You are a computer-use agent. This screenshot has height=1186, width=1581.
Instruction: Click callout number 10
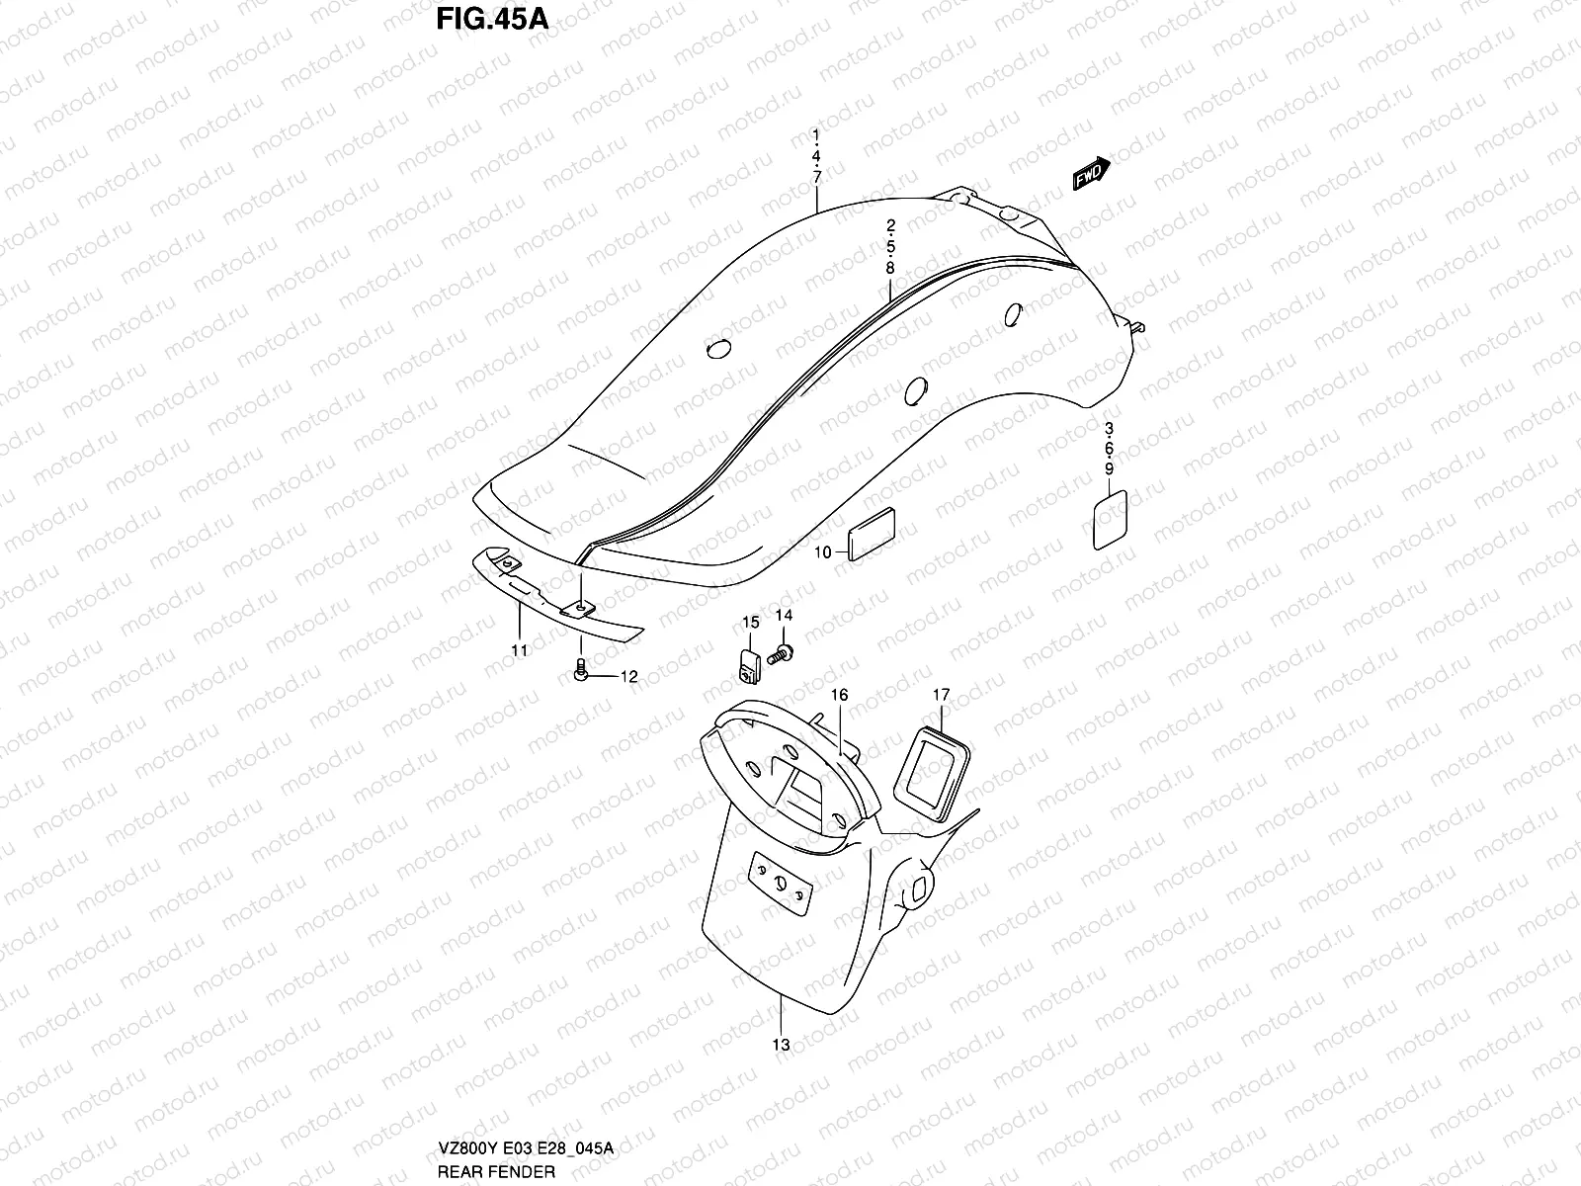pos(823,552)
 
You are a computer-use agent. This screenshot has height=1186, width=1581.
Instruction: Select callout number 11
pos(520,649)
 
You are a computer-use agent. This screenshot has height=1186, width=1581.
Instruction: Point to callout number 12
pos(628,677)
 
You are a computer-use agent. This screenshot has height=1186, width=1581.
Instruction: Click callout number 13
pos(781,1045)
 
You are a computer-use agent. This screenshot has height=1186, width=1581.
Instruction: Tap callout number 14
pos(784,616)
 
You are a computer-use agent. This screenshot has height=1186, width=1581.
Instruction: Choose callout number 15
pos(751,622)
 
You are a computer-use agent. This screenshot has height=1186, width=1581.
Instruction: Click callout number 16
pos(839,696)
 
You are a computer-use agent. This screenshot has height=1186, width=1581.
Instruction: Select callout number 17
pos(941,696)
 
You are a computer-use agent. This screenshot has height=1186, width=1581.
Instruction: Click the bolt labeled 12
pos(581,673)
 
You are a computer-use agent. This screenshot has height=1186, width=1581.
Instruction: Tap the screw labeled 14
pos(781,652)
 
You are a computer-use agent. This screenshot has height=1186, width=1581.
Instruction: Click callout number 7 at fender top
pos(817,177)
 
